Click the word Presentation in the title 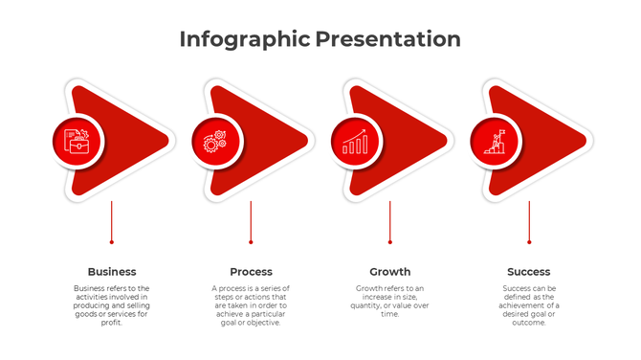click(387, 39)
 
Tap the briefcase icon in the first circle click(77, 142)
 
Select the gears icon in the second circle click(215, 142)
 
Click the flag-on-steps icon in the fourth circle click(495, 142)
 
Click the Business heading click(112, 272)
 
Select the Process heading click(251, 272)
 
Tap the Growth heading click(390, 272)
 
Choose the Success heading click(529, 272)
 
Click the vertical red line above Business click(112, 220)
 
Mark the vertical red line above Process click(251, 220)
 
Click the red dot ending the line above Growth click(390, 242)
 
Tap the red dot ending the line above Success click(529, 242)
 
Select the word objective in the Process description click(263, 323)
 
